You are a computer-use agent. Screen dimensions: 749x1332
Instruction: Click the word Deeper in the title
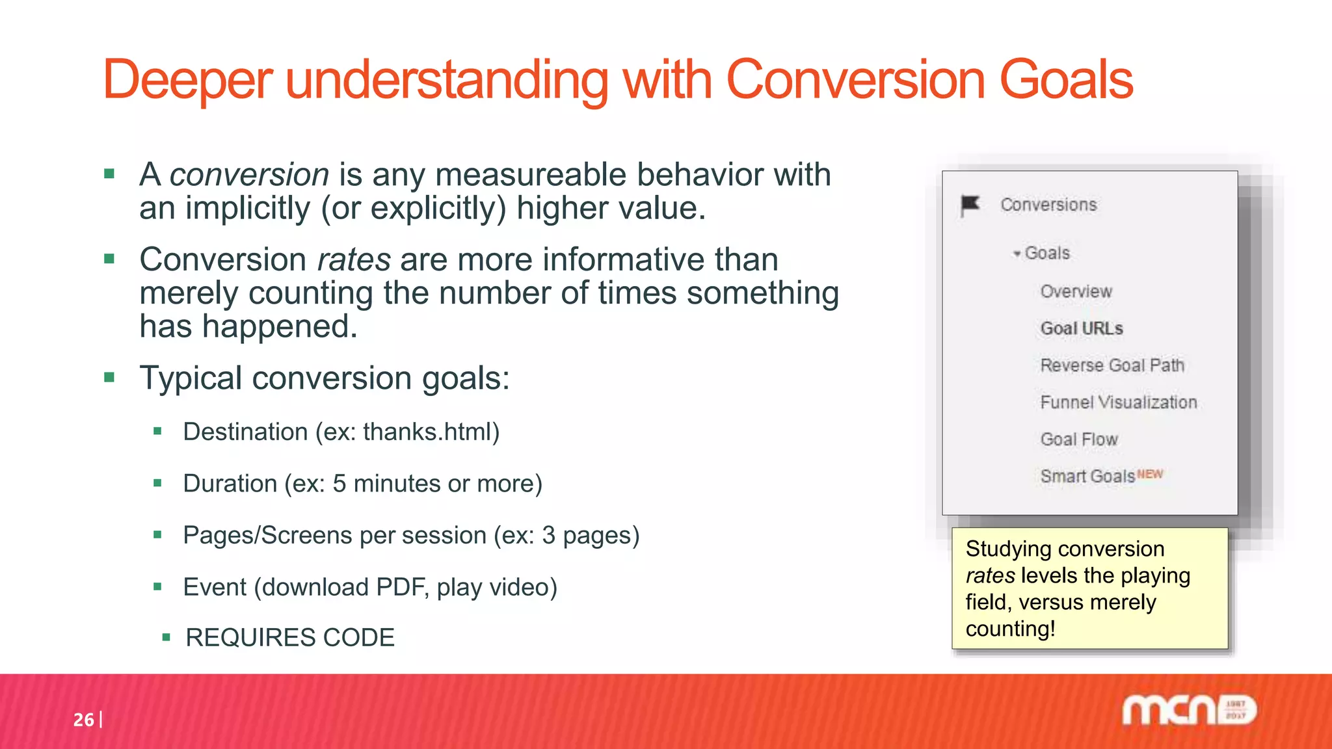(x=187, y=81)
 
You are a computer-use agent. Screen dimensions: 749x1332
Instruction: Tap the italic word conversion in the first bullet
(x=249, y=175)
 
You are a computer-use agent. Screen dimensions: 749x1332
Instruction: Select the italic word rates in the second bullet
(x=354, y=259)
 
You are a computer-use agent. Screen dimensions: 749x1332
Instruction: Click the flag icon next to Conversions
(x=970, y=205)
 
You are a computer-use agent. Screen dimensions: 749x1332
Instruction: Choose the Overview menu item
(x=1076, y=291)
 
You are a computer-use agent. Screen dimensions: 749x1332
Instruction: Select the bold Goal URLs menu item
(x=1082, y=328)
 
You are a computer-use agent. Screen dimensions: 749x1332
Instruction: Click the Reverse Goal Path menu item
(x=1112, y=365)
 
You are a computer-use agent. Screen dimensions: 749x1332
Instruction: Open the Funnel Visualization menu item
(x=1118, y=402)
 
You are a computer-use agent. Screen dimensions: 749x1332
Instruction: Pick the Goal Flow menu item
(x=1079, y=440)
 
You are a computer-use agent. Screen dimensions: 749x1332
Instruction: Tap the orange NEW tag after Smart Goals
(x=1150, y=474)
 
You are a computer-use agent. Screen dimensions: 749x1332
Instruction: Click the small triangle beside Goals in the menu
(x=1017, y=254)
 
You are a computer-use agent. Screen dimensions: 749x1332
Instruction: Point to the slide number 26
(x=83, y=720)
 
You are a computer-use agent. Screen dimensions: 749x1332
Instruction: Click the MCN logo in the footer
(x=1189, y=711)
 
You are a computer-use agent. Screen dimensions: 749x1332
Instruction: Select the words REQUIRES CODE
(x=290, y=638)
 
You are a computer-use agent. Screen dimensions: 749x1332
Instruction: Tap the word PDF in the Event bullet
(x=401, y=587)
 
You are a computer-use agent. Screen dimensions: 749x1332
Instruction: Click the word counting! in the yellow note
(x=1010, y=629)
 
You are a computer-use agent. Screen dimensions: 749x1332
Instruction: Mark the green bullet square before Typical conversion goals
(x=109, y=377)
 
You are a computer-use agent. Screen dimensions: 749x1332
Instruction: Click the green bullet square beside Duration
(x=157, y=483)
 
